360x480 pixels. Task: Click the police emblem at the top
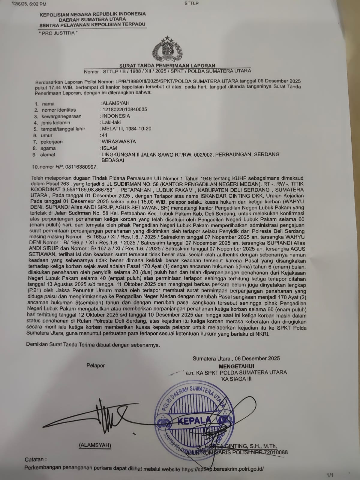pyautogui.click(x=167, y=49)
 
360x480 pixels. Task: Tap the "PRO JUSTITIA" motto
pyautogui.click(x=58, y=33)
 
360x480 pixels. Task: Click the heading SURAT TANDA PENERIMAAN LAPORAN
pyautogui.click(x=167, y=65)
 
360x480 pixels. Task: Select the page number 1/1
pyautogui.click(x=330, y=475)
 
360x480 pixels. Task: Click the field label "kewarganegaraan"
pyautogui.click(x=61, y=116)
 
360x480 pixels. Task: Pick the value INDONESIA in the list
pyautogui.click(x=116, y=116)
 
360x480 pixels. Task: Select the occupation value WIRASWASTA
pyautogui.click(x=119, y=142)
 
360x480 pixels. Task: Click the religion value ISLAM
pyautogui.click(x=109, y=148)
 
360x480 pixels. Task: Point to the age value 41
pyautogui.click(x=104, y=135)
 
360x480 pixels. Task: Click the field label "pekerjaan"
pyautogui.click(x=52, y=142)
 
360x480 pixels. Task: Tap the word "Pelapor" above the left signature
pyautogui.click(x=96, y=365)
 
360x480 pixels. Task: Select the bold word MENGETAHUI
pyautogui.click(x=236, y=366)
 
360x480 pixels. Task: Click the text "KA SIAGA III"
pyautogui.click(x=236, y=379)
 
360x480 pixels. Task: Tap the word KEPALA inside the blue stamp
pyautogui.click(x=194, y=421)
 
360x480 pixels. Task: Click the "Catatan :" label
pyautogui.click(x=36, y=459)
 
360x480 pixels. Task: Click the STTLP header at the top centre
pyautogui.click(x=191, y=3)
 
